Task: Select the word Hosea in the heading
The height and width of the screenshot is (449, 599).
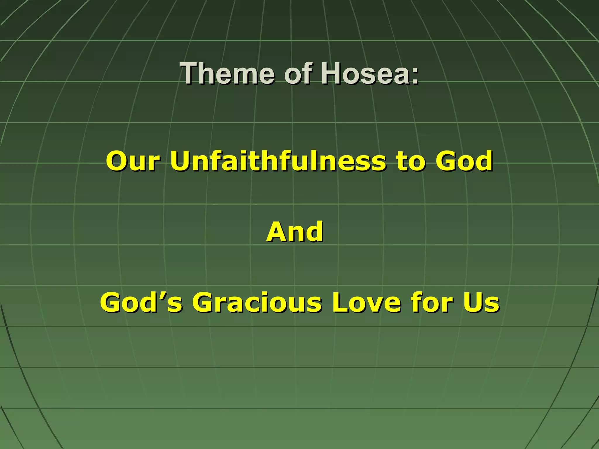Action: (x=364, y=73)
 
